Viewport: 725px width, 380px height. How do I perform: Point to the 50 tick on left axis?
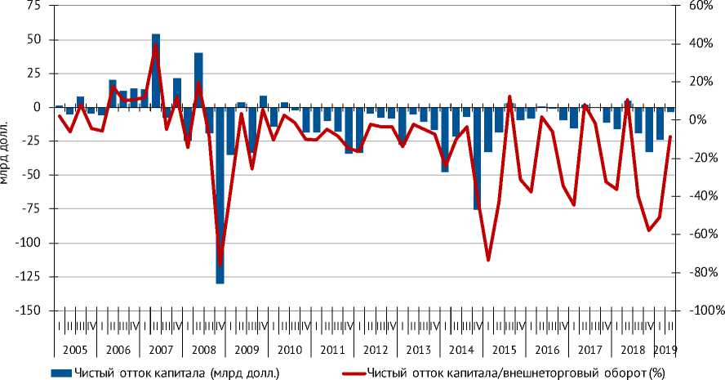click(33, 39)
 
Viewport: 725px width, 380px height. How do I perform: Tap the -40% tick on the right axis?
click(700, 196)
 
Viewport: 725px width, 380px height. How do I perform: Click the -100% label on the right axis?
click(702, 311)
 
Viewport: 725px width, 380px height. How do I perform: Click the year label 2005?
click(76, 350)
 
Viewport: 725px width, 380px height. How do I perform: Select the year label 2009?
click(246, 350)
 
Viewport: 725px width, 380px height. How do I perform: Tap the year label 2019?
click(665, 350)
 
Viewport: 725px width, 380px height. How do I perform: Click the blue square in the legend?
click(60, 373)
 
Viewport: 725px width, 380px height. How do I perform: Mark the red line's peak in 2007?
click(156, 45)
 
